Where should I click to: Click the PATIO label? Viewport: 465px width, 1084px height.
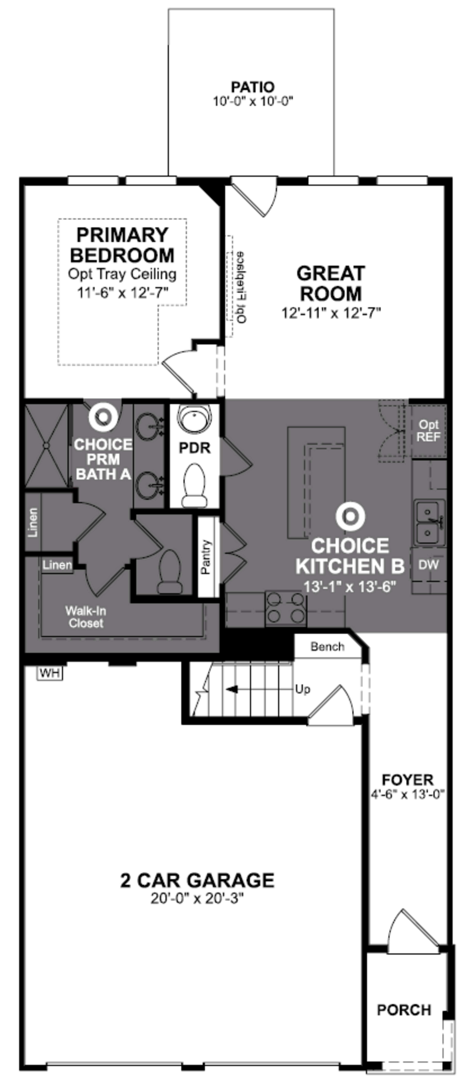pos(252,87)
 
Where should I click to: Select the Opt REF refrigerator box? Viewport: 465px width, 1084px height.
pos(428,431)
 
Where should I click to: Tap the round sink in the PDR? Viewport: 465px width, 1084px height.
pos(194,418)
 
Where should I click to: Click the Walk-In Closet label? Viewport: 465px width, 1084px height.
pos(85,617)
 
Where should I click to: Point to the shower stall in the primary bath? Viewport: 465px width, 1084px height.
pos(46,445)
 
